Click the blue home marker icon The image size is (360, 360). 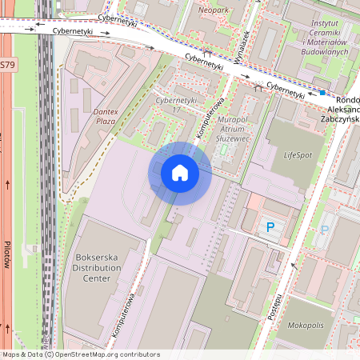[180, 173]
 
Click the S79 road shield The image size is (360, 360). [6, 63]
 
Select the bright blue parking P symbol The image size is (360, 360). [270, 228]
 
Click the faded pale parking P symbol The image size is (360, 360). [325, 230]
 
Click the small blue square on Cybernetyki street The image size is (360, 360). [322, 93]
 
